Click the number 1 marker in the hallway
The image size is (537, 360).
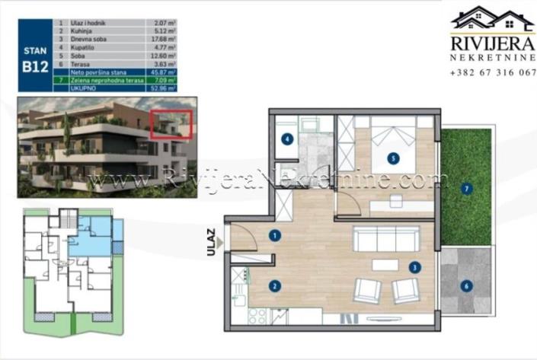coord(273,236)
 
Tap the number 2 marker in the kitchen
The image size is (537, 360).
coord(273,286)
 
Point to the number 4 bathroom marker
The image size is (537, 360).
coord(286,139)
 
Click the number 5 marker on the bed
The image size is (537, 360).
coord(393,159)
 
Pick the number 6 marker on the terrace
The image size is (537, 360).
coord(466,286)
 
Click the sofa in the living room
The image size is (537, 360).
coord(385,239)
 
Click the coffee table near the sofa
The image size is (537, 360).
coord(385,265)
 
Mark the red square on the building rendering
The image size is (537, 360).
coord(169,123)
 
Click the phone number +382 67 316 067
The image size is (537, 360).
coord(493,72)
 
